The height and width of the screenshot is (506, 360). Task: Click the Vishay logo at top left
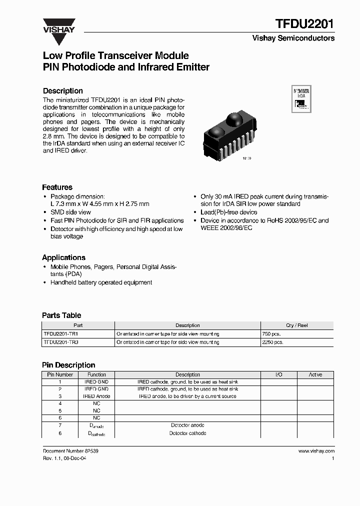(x=58, y=25)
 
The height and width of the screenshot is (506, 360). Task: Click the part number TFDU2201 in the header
(x=305, y=23)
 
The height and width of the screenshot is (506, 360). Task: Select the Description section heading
(x=63, y=91)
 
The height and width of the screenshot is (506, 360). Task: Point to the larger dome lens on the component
(x=234, y=119)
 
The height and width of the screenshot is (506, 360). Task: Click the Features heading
(x=57, y=187)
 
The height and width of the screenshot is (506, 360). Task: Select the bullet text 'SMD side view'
(x=70, y=212)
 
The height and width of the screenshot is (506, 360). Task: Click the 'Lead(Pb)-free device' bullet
(x=229, y=212)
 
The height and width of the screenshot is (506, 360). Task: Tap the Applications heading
(x=63, y=257)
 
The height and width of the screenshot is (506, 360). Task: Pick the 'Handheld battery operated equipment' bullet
(x=101, y=282)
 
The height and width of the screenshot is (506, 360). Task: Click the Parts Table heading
(x=62, y=315)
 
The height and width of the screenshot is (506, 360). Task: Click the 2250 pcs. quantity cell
(x=272, y=342)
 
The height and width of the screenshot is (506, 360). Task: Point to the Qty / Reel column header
(x=296, y=325)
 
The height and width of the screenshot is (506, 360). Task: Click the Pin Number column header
(x=60, y=374)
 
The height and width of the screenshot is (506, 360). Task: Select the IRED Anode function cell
(x=96, y=396)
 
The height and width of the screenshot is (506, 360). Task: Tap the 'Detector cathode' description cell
(x=188, y=433)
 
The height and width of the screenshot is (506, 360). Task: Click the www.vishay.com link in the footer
(x=316, y=451)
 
